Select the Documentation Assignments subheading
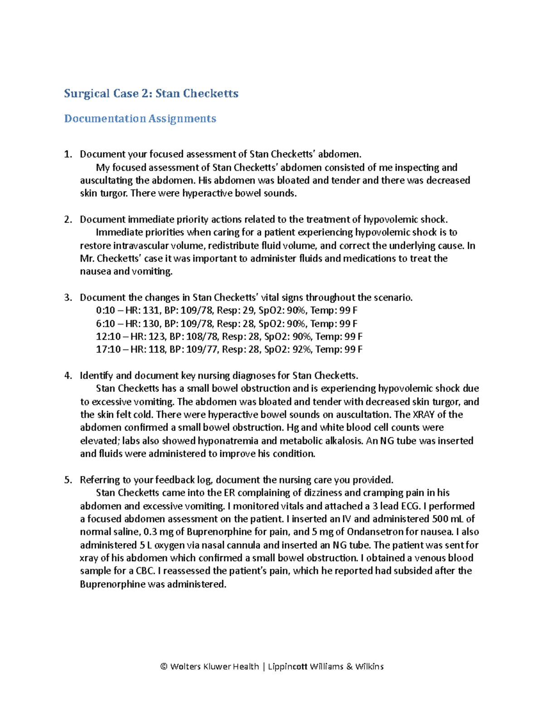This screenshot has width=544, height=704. [140, 119]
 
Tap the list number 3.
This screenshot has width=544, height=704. [68, 298]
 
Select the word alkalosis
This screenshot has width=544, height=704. [345, 441]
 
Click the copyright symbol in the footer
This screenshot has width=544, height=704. [164, 666]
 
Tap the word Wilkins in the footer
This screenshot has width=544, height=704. [369, 666]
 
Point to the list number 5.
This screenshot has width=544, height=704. [68, 480]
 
